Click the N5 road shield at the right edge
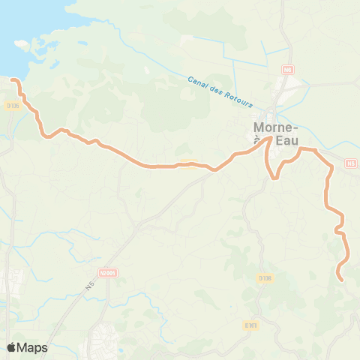[x=352, y=163]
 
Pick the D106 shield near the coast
[x=12, y=106]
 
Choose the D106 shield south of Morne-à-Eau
[x=265, y=278]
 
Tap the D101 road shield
[x=250, y=325]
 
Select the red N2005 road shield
[x=108, y=274]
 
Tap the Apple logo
[x=10, y=347]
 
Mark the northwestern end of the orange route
[x=13, y=78]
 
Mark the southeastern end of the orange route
[x=342, y=280]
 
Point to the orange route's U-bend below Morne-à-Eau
[x=275, y=178]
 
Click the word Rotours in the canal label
[x=240, y=100]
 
